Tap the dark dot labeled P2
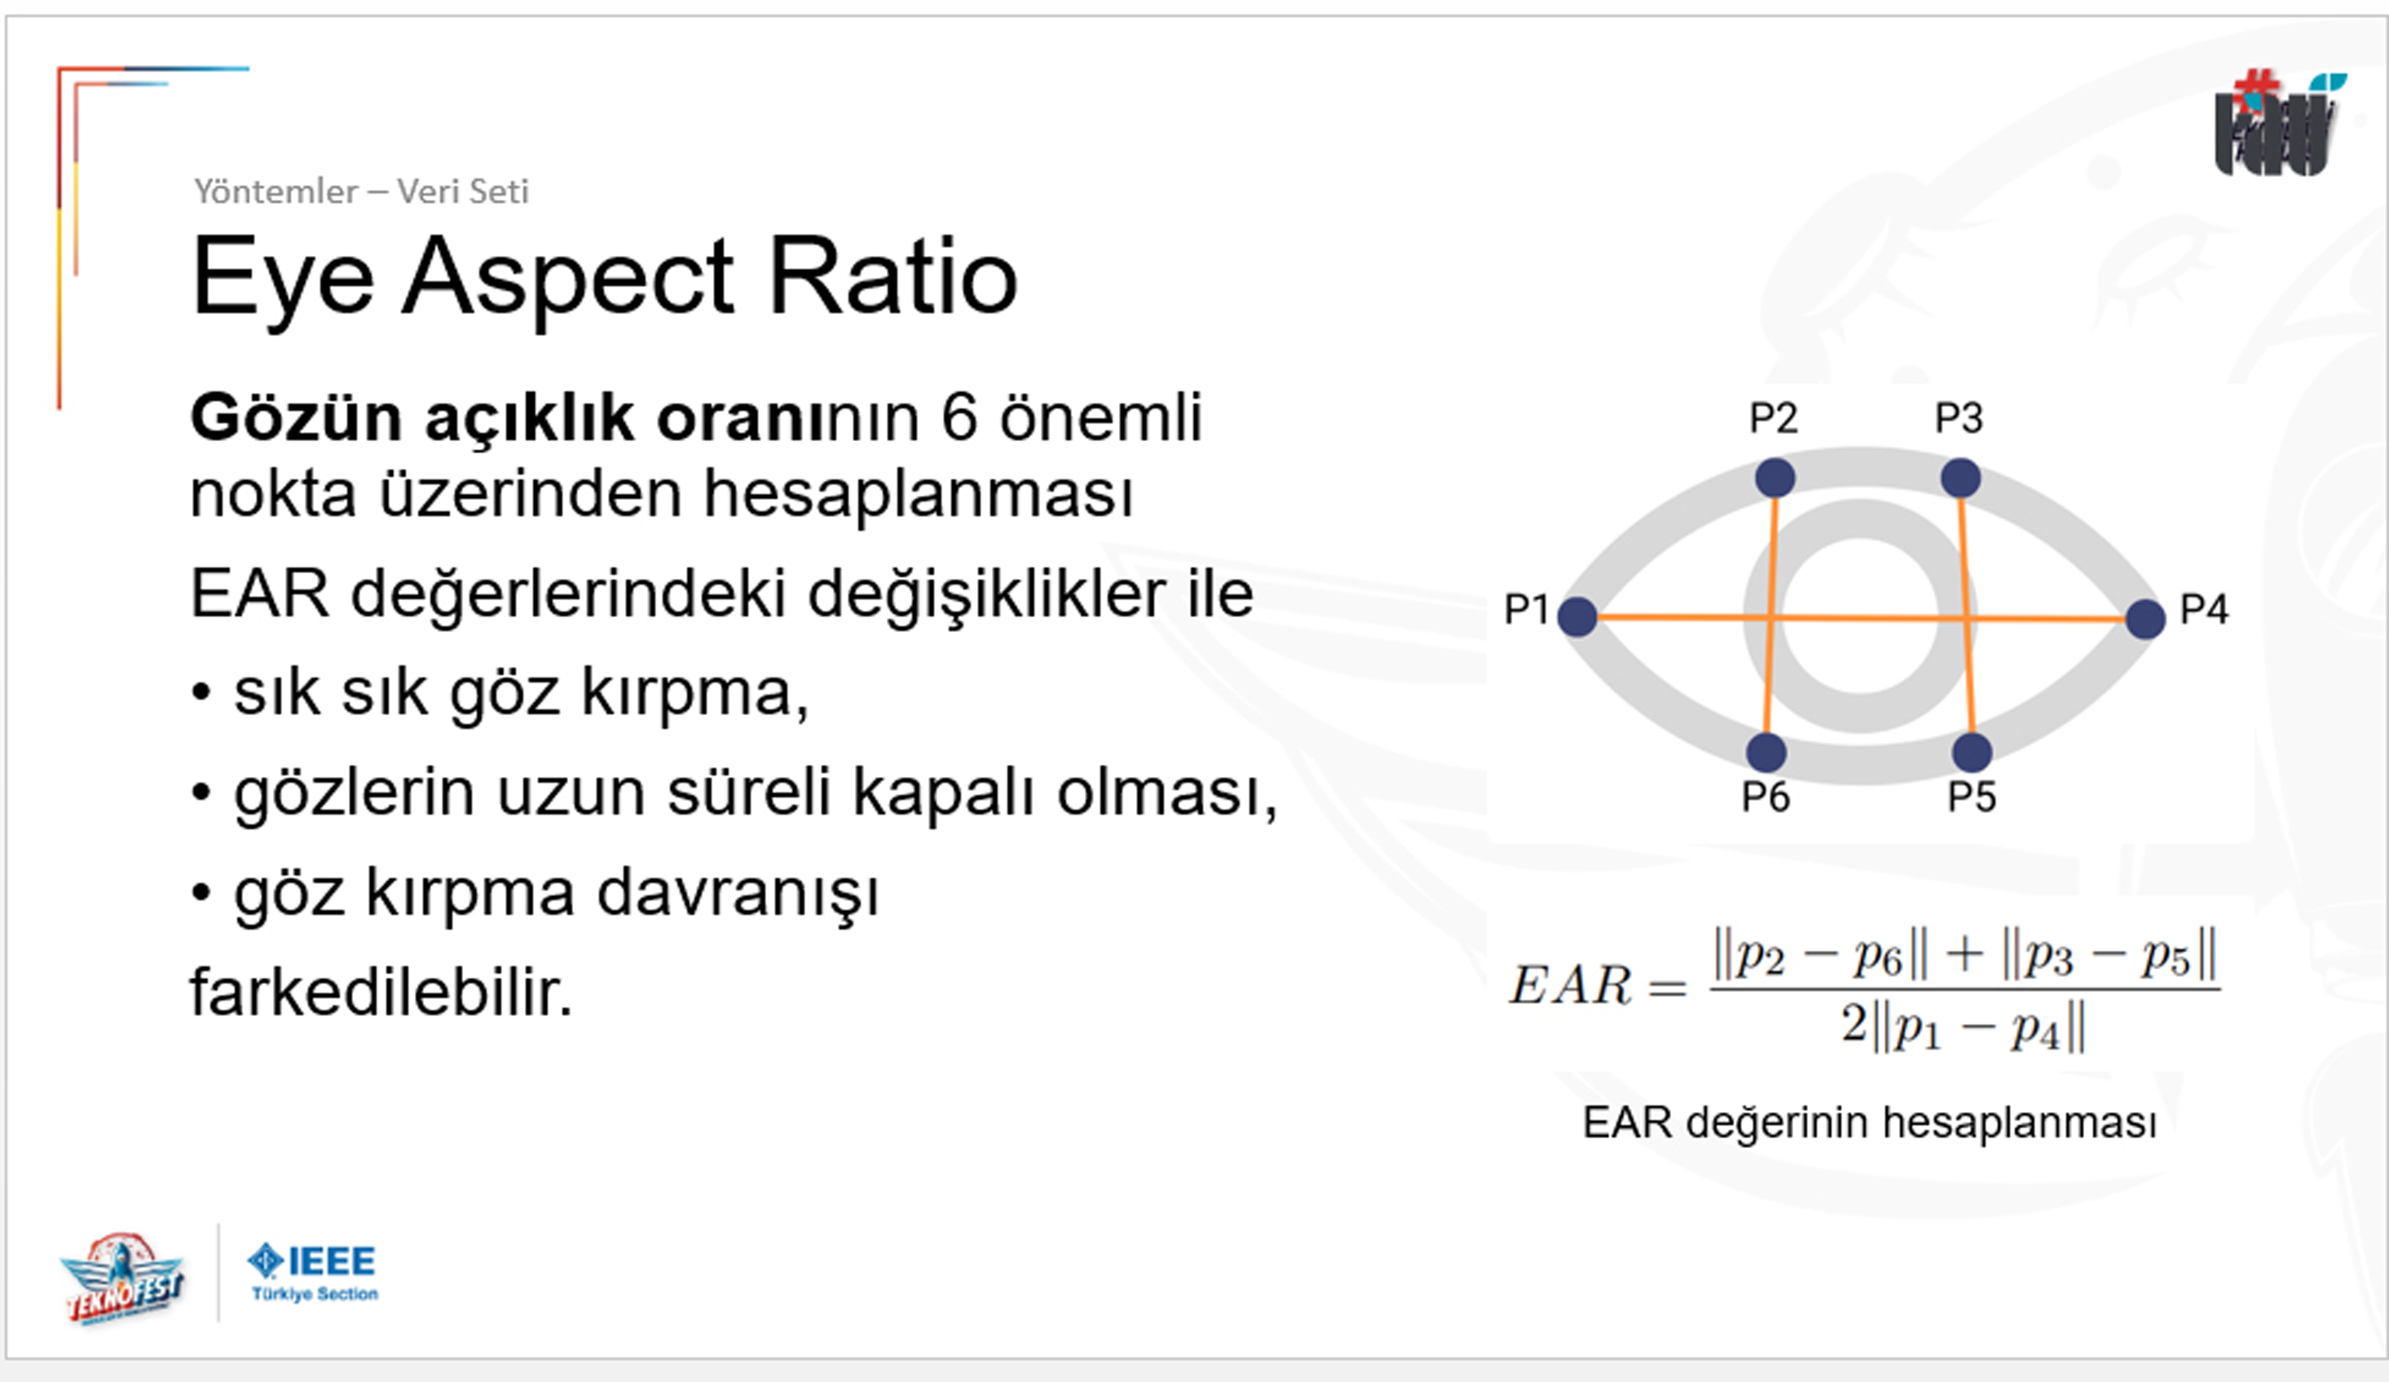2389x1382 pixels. pos(1775,477)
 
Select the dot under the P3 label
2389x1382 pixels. pos(1960,477)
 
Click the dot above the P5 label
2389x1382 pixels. pos(1972,752)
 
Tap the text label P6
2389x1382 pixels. pos(1765,797)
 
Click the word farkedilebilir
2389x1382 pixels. pos(381,992)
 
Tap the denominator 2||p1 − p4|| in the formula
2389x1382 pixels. pos(1962,1026)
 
